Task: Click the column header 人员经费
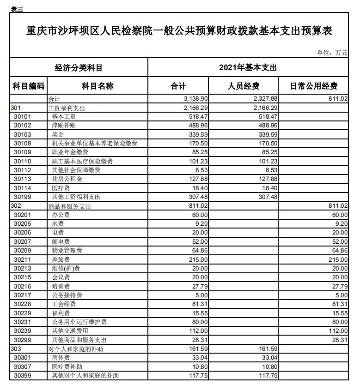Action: (243, 86)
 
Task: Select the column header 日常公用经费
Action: (313, 86)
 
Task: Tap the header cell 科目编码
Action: (29, 86)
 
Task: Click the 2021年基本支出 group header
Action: (248, 67)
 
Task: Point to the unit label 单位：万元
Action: (332, 53)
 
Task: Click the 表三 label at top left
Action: (17, 9)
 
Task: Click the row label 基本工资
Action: (64, 117)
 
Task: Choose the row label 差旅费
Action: (61, 260)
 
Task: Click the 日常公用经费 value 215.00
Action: (338, 260)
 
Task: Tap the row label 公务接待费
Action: (67, 295)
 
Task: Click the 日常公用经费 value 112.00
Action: (338, 331)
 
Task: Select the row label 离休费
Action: (61, 358)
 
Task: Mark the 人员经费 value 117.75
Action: (268, 376)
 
